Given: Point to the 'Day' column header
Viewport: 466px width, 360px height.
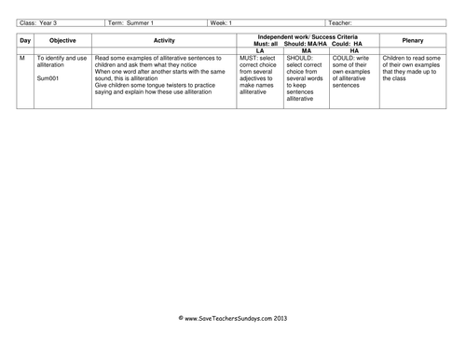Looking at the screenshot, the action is click(x=25, y=41).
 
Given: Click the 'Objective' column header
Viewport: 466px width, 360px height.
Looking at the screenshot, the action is click(x=63, y=41).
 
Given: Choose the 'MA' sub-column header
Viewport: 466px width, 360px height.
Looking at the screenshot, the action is click(x=305, y=50).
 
